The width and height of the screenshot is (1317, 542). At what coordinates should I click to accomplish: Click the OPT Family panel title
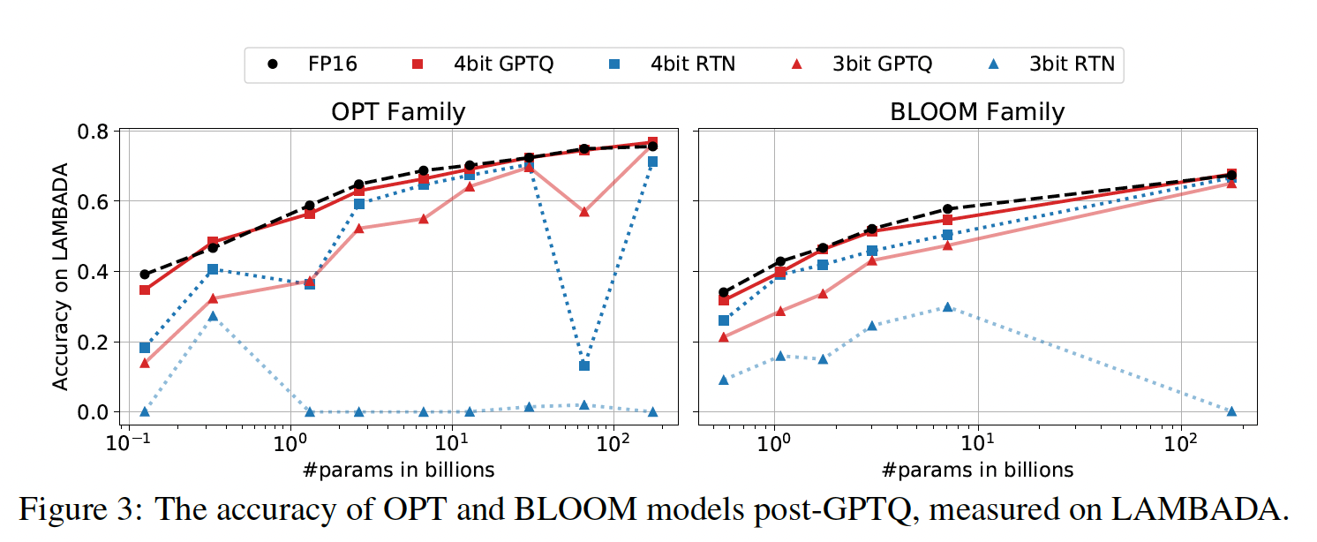click(398, 112)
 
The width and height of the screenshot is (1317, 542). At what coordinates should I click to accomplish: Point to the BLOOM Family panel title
click(977, 112)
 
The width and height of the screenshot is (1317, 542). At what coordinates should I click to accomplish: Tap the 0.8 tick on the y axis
click(95, 131)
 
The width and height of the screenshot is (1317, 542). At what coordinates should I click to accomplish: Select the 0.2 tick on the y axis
click(95, 342)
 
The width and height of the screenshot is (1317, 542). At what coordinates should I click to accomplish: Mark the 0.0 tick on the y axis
click(95, 412)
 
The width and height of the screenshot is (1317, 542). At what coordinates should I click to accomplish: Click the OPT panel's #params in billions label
click(398, 469)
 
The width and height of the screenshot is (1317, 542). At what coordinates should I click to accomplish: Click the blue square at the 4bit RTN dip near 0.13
click(583, 365)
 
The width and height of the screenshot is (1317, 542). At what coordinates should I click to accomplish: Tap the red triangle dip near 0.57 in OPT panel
click(583, 212)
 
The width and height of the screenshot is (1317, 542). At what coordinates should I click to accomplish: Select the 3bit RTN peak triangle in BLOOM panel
click(947, 306)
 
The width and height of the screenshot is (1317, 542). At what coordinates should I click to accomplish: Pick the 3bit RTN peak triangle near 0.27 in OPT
click(213, 316)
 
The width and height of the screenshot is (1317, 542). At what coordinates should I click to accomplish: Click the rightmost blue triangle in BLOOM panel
click(1230, 411)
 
